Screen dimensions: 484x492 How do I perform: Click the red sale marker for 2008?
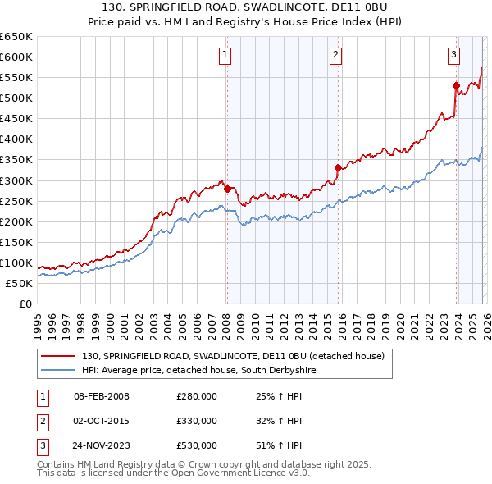coord(227,188)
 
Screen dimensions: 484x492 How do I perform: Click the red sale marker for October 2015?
coord(338,167)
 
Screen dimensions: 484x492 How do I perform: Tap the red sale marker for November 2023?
coord(456,85)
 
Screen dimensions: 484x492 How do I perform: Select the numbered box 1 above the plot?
coord(225,55)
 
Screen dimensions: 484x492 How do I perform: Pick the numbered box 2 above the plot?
coord(336,55)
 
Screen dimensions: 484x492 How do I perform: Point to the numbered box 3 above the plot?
coord(453,55)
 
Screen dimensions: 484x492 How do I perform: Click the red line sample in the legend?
coord(57,357)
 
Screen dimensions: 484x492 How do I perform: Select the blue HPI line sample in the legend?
coord(57,371)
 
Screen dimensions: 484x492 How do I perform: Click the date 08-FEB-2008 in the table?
coord(102,396)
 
